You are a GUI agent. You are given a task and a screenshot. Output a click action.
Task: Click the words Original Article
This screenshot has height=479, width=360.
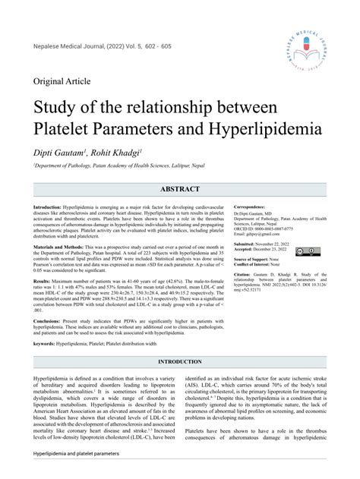64,81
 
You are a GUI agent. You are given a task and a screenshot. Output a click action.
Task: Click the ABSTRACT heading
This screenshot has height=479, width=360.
179,189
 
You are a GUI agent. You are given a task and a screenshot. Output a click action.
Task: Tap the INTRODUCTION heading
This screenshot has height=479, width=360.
179,361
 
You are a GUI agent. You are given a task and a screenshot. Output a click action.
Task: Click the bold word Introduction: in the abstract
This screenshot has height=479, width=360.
46,207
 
